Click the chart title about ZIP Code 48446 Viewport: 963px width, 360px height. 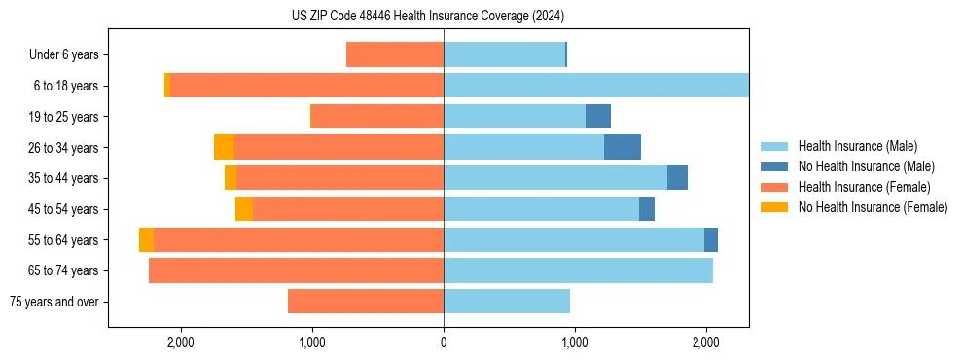(428, 17)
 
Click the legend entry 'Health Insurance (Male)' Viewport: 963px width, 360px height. (857, 146)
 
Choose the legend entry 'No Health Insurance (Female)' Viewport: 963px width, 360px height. (873, 207)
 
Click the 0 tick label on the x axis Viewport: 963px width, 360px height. (444, 342)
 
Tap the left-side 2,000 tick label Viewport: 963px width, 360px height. (181, 342)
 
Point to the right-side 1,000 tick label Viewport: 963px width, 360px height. (574, 342)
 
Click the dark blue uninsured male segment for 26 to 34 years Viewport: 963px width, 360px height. (623, 147)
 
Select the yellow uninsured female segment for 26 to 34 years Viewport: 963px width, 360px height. (224, 147)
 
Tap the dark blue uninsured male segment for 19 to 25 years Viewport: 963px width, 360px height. (598, 117)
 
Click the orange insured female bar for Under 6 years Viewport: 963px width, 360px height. (395, 55)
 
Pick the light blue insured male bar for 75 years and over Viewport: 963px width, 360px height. (507, 302)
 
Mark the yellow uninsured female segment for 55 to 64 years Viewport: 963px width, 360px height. (146, 240)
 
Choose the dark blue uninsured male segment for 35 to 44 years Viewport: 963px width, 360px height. (677, 178)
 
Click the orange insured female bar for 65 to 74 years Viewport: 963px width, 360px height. (296, 270)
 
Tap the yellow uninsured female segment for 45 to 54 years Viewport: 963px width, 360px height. (244, 209)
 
